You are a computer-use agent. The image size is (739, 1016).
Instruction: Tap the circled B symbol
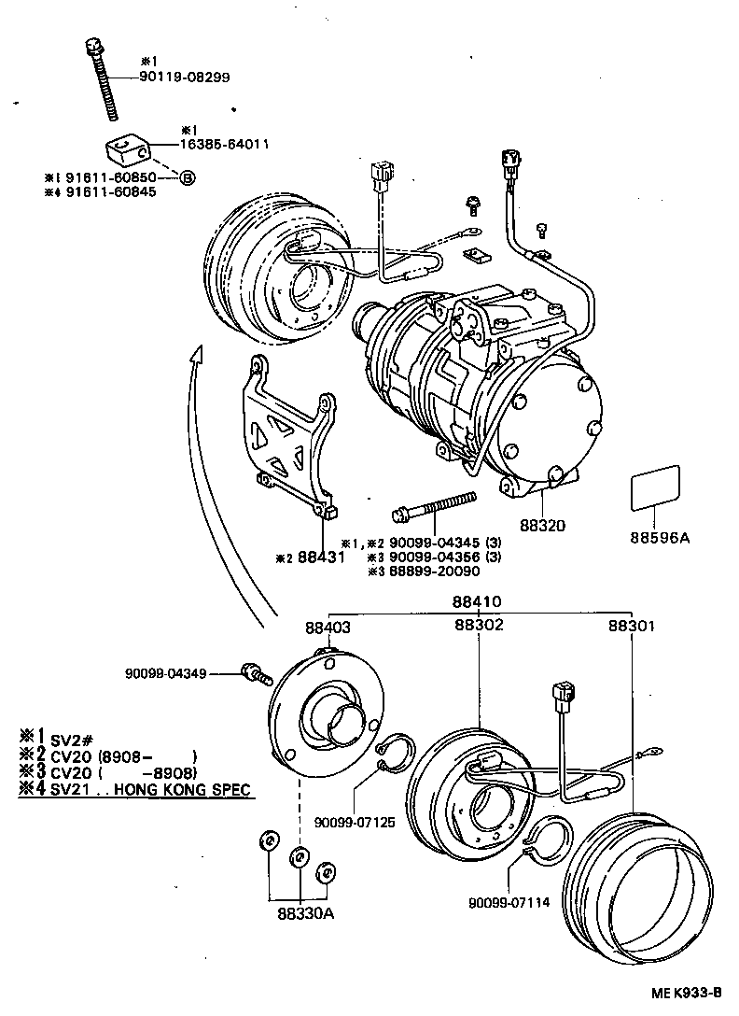click(187, 176)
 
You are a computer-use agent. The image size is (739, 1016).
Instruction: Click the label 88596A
click(659, 537)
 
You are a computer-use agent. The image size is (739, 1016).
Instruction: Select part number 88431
click(321, 557)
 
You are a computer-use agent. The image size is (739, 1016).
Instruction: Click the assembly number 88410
click(478, 602)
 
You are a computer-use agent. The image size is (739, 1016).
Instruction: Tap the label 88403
click(328, 628)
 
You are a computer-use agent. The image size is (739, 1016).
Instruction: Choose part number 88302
click(479, 625)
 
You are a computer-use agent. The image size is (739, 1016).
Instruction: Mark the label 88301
click(632, 626)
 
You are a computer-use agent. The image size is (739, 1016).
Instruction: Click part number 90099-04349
click(167, 672)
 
